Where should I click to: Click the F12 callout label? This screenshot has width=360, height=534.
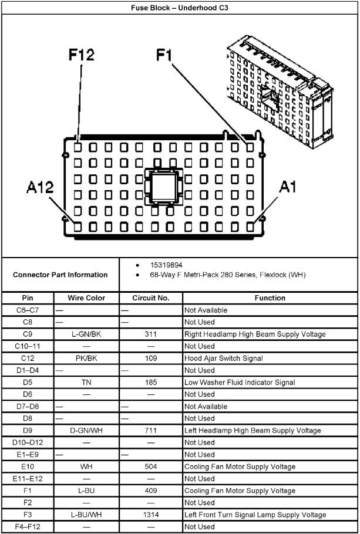(81, 56)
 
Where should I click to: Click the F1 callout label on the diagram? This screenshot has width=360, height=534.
(164, 56)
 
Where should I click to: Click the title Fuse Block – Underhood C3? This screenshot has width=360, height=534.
(180, 7)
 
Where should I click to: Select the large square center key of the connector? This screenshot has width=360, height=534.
(164, 187)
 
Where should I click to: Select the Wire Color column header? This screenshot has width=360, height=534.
(86, 298)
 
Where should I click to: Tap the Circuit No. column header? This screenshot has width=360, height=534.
(151, 298)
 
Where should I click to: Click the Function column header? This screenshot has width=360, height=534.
(270, 298)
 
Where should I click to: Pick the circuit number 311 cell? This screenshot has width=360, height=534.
(151, 334)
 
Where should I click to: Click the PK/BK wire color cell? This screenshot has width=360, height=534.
(86, 359)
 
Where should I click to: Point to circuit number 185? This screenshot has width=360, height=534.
(151, 383)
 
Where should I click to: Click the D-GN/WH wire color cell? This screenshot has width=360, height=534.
(86, 431)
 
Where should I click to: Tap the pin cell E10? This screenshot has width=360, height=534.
(28, 467)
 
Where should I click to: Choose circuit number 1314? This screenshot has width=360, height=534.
(151, 515)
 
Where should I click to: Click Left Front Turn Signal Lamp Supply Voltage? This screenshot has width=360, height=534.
(255, 515)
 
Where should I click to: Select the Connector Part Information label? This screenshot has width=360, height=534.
(60, 275)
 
